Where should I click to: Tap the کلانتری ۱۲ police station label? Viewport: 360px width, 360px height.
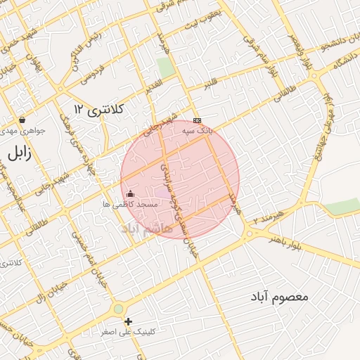98,109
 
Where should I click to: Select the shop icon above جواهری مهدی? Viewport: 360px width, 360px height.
22,120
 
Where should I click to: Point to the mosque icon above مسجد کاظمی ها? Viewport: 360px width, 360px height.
129,193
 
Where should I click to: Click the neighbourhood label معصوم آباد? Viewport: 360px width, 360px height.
279,297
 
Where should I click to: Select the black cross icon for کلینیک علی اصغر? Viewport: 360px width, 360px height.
128,321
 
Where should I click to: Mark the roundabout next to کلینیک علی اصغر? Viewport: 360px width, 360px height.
117,308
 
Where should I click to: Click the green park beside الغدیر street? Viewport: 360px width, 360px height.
165,68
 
